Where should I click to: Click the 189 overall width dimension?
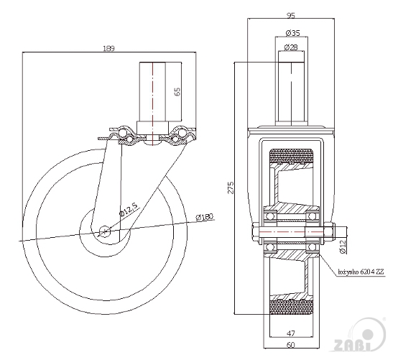click(x=109, y=48)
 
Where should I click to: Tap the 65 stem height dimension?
click(x=177, y=91)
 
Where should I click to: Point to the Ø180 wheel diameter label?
click(x=205, y=217)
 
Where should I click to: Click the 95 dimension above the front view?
click(x=291, y=16)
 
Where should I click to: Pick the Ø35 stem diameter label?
click(x=292, y=33)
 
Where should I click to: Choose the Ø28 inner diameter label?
click(x=291, y=47)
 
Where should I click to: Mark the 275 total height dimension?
click(x=231, y=188)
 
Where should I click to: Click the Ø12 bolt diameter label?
click(x=343, y=246)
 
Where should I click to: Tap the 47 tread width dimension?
click(x=291, y=333)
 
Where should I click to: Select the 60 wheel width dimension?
click(x=291, y=345)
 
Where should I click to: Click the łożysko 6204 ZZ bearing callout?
click(x=361, y=272)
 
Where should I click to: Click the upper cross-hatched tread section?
click(x=290, y=156)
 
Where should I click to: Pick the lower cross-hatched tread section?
click(x=290, y=307)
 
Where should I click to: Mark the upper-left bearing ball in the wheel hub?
click(x=270, y=216)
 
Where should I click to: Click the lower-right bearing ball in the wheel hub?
click(x=312, y=246)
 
